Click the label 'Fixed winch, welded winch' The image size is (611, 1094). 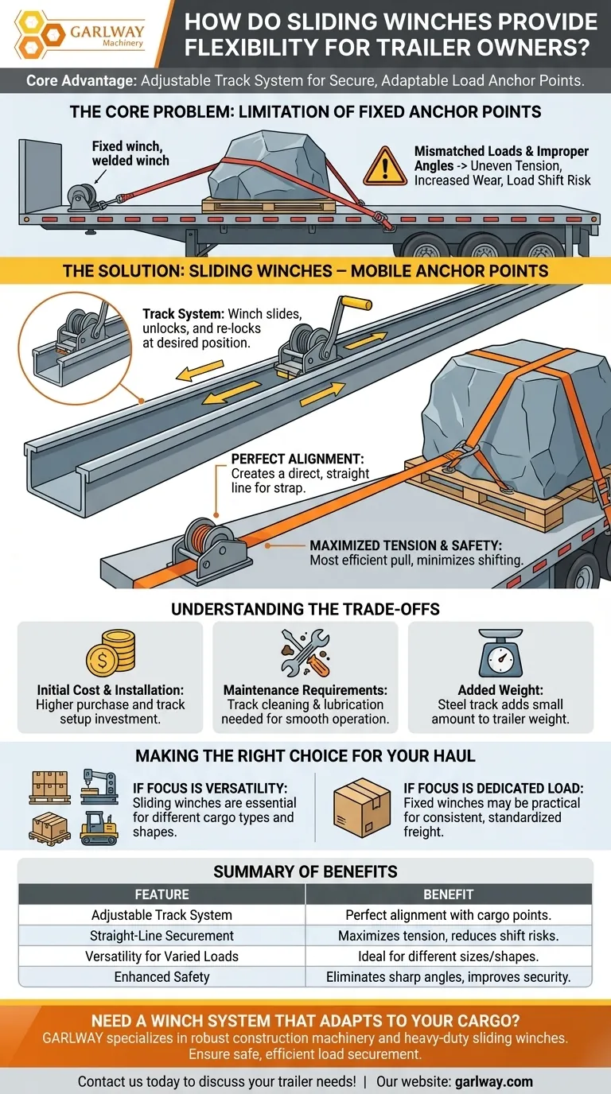[x=130, y=153]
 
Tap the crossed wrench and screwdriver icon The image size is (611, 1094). [x=305, y=653]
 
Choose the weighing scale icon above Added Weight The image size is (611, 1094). [x=500, y=654]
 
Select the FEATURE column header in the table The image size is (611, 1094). [x=162, y=894]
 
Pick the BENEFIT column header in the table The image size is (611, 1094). [x=449, y=894]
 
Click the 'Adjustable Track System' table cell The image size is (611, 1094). [x=162, y=915]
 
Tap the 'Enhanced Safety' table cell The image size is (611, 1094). [x=162, y=976]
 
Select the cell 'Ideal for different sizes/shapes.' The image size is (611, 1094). [x=449, y=956]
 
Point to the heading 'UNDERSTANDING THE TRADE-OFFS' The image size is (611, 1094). [x=305, y=609]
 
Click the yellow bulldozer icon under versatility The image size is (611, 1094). [x=99, y=828]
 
